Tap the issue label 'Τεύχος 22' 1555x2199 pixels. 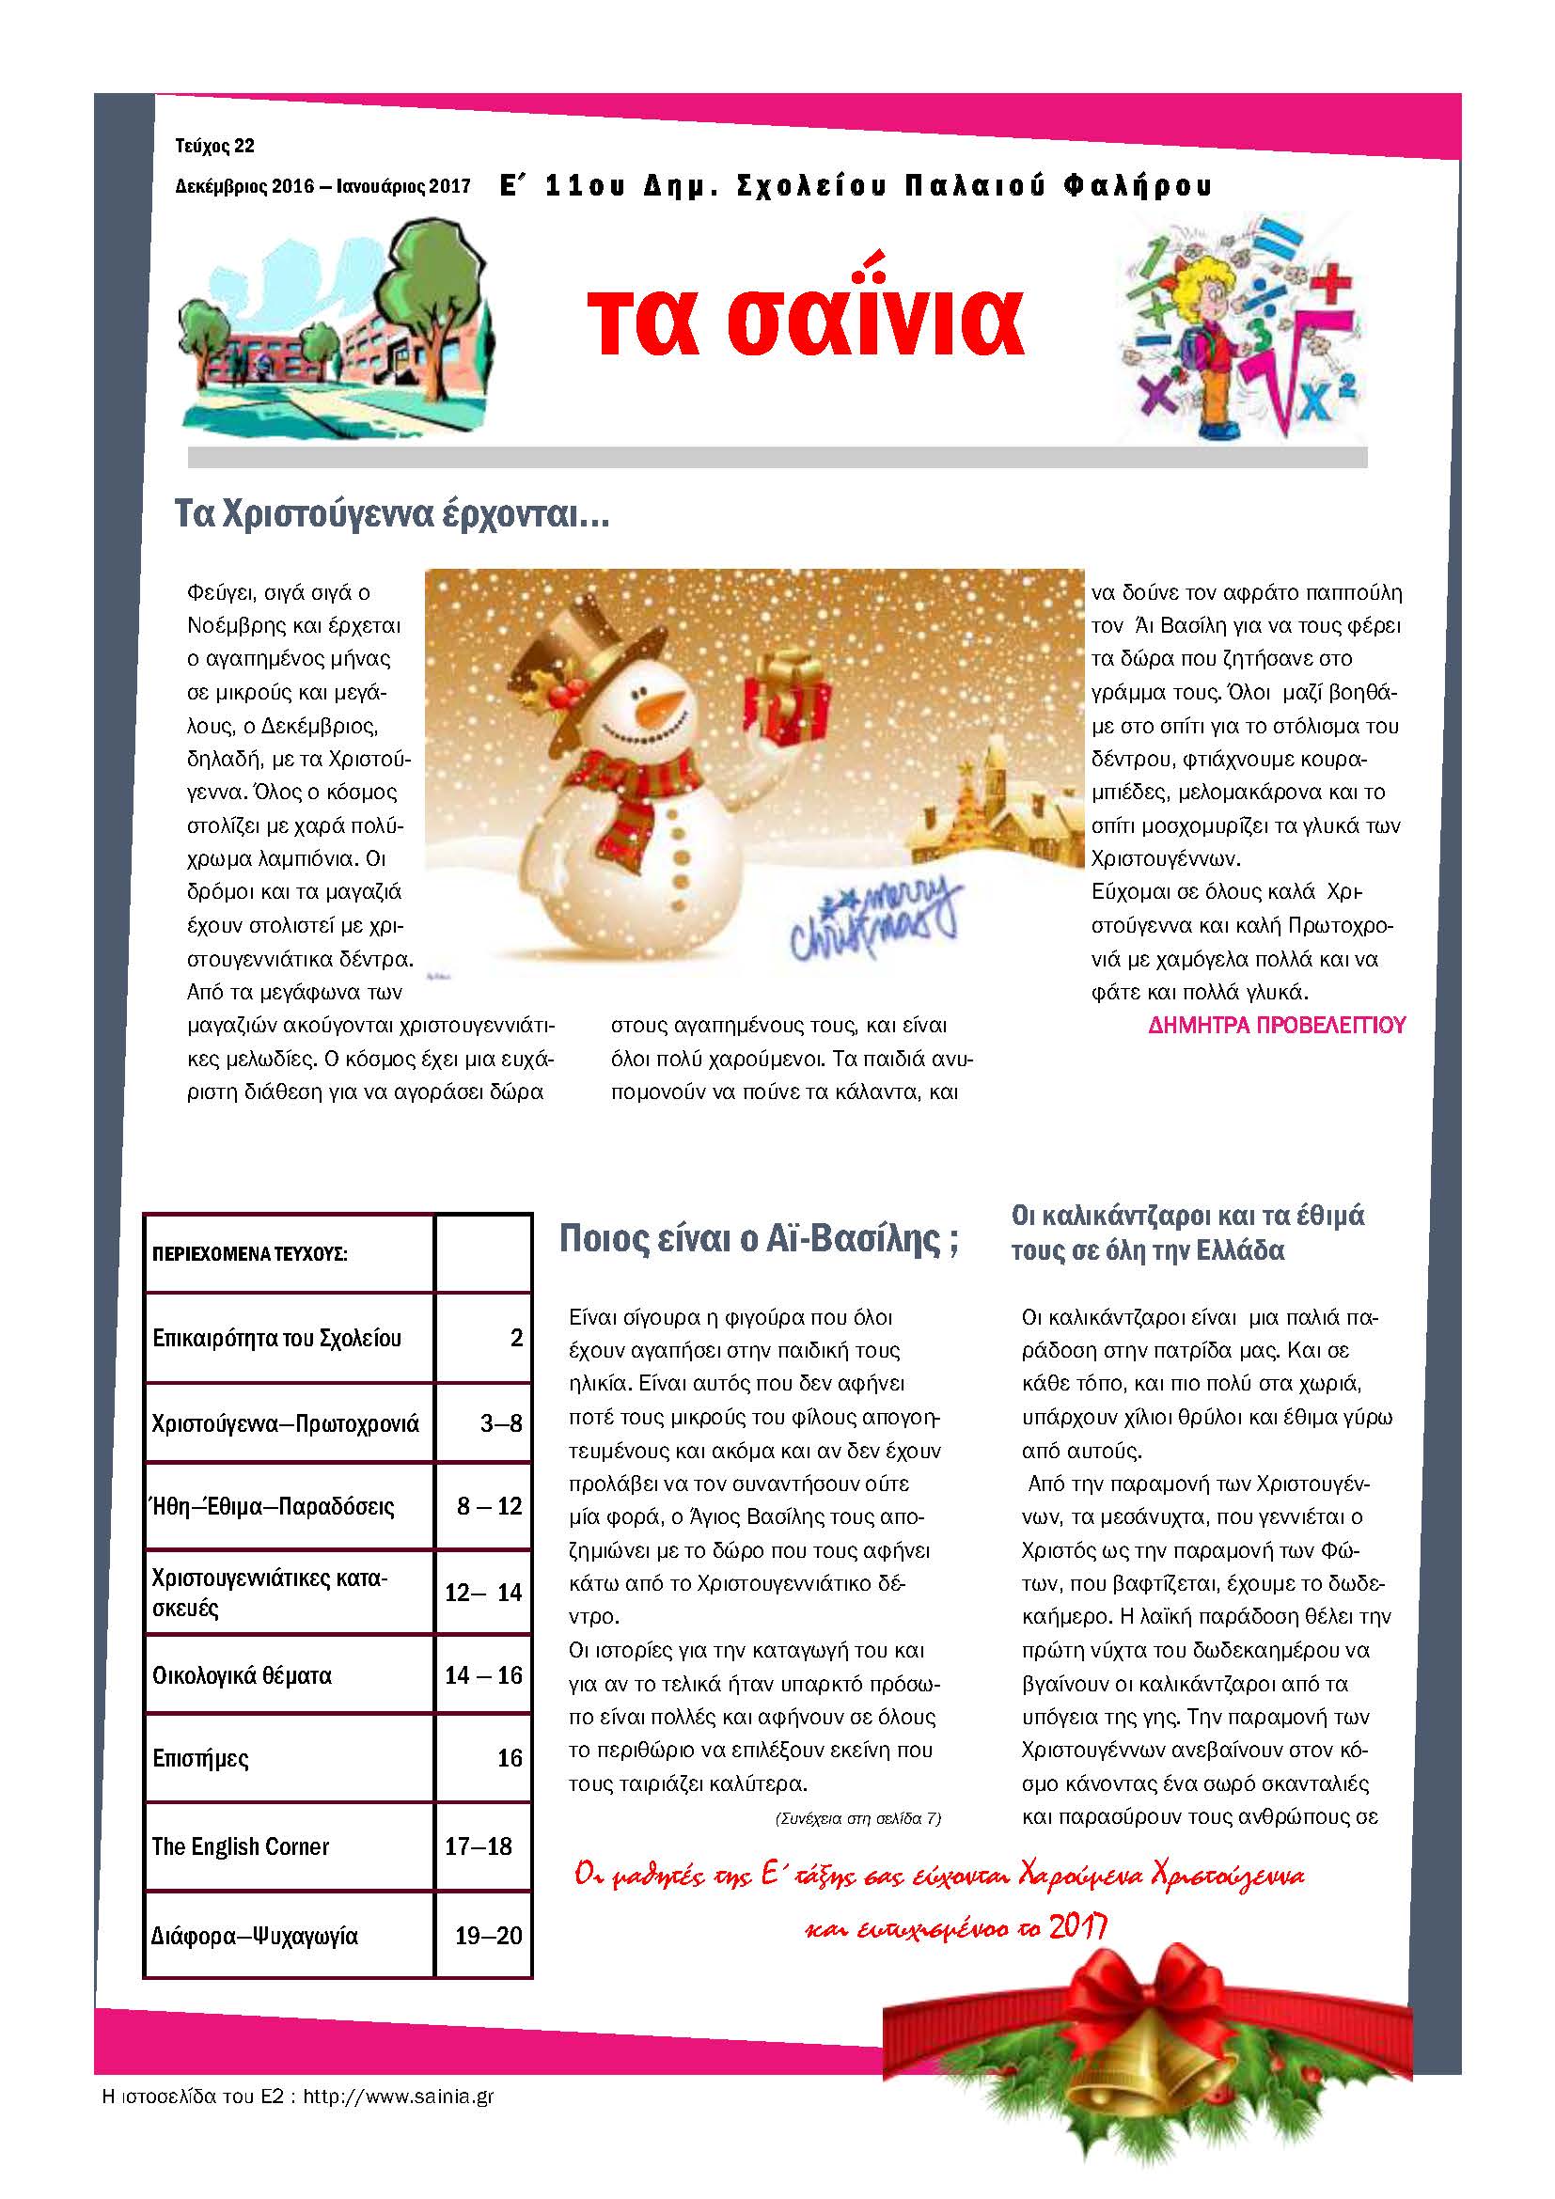pos(214,146)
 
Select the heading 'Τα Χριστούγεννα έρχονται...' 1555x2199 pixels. pos(392,515)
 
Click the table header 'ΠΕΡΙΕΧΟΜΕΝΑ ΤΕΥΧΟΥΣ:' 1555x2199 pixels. pos(249,1255)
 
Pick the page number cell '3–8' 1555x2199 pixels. pos(501,1424)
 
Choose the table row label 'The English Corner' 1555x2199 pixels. pos(241,1846)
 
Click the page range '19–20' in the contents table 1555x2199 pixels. pos(488,1936)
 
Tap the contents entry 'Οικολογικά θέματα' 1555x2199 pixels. pos(243,1676)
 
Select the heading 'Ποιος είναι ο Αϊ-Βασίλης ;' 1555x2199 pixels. pos(759,1239)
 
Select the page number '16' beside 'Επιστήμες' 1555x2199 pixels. pos(510,1758)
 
